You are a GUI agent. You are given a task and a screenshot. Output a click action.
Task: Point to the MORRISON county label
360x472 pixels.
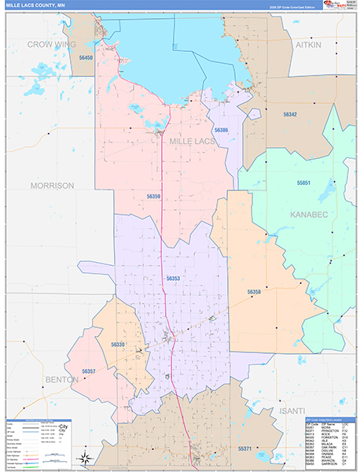coord(52,186)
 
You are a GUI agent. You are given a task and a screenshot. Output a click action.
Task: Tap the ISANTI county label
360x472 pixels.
coord(291,411)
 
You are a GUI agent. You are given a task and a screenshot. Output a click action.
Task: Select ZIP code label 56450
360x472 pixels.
coord(84,58)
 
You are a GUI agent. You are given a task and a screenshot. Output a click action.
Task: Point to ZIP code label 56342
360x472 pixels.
coord(290,115)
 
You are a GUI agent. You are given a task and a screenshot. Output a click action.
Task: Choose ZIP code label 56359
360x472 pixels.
coord(153,196)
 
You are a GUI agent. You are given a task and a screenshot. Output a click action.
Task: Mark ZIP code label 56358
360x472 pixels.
coord(253,292)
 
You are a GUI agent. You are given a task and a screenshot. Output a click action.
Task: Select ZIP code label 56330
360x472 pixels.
coord(118,344)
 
